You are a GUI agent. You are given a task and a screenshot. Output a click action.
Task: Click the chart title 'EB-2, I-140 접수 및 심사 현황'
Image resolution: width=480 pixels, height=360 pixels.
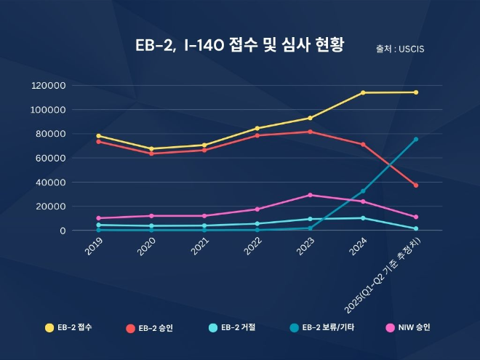(239, 45)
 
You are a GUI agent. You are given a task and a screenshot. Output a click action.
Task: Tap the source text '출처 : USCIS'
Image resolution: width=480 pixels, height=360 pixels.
(400, 49)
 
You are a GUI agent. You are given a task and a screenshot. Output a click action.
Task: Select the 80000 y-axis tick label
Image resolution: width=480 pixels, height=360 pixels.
(52, 134)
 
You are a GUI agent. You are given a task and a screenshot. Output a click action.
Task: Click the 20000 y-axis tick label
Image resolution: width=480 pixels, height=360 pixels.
(52, 207)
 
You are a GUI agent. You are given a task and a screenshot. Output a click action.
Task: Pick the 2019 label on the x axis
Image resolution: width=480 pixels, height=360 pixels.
(94, 247)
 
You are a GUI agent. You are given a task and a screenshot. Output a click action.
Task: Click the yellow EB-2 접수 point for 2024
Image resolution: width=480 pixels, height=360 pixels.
(363, 92)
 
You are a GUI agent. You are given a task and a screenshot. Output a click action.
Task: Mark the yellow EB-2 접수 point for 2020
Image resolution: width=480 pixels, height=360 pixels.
(151, 148)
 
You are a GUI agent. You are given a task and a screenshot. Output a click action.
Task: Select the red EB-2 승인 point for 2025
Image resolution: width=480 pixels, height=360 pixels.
(416, 185)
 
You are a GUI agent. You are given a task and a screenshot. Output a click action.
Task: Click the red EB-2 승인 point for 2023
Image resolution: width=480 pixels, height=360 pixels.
(310, 132)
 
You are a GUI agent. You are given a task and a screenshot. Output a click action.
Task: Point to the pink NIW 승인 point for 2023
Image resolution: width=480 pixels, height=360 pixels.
(310, 195)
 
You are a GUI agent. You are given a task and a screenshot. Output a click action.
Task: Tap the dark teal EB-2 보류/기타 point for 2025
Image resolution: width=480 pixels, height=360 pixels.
(416, 139)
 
